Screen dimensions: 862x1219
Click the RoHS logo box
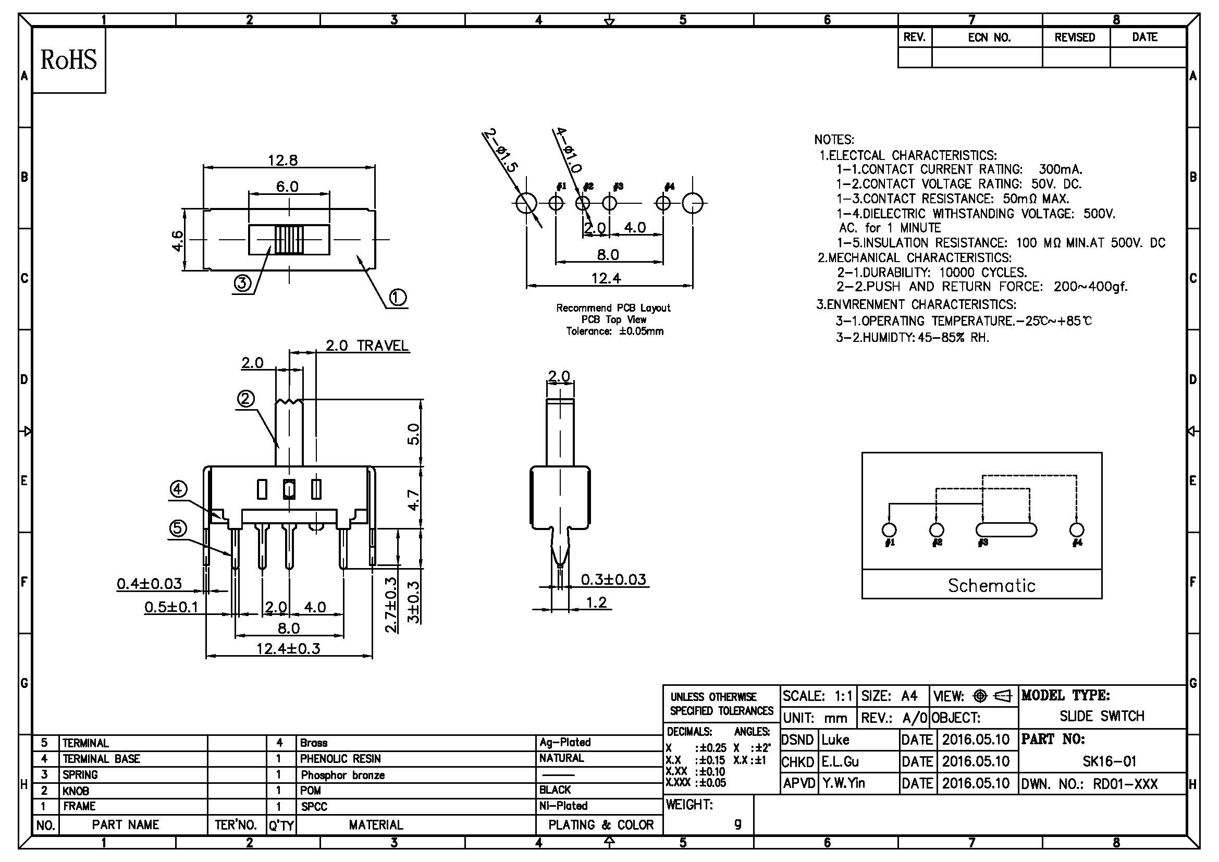point(69,60)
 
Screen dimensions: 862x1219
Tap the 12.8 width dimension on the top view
point(282,160)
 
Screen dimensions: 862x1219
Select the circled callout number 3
point(242,283)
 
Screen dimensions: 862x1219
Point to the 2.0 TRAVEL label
point(367,346)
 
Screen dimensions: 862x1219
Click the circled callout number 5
point(178,527)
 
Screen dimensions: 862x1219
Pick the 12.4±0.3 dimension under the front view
point(288,649)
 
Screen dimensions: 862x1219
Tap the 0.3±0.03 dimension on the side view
point(613,579)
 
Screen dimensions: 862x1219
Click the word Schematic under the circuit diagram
point(991,585)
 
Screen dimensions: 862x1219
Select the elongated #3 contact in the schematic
point(1005,529)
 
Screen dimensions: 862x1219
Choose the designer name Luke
point(835,740)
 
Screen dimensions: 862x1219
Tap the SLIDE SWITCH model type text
point(1102,716)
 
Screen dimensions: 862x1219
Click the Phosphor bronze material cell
point(342,775)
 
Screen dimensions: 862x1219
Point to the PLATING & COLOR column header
point(600,825)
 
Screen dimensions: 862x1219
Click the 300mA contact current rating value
point(1060,170)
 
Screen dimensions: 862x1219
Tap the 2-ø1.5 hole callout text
point(500,151)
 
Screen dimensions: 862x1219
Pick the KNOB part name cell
point(76,791)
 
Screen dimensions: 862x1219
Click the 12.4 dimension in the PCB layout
point(606,278)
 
